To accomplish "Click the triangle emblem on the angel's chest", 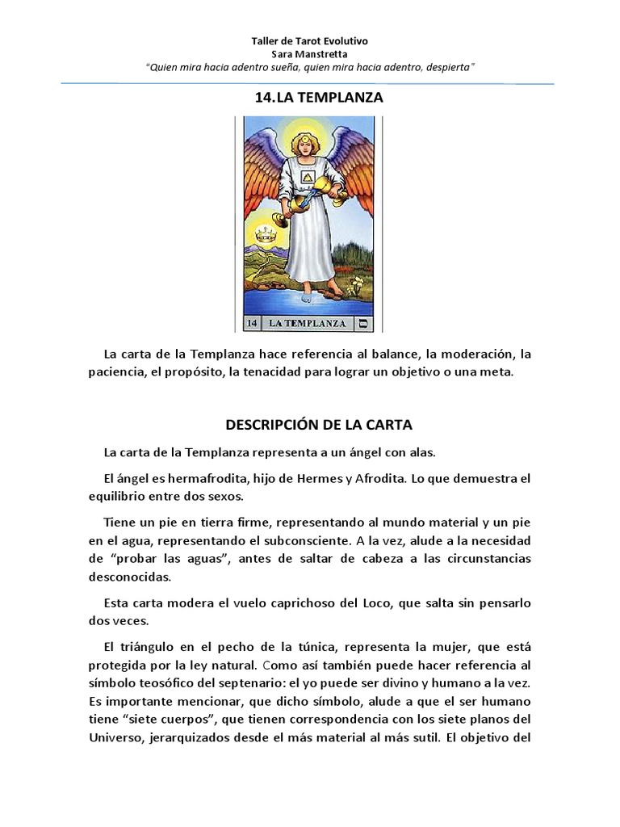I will tap(308, 178).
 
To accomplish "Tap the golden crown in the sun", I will tap(266, 235).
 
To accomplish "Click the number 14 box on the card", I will tap(251, 324).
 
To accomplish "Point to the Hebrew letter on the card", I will tap(362, 324).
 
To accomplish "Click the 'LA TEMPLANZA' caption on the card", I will tap(308, 324).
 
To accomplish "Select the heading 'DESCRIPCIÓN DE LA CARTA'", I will tap(319, 425).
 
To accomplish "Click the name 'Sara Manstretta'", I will tap(310, 53).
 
